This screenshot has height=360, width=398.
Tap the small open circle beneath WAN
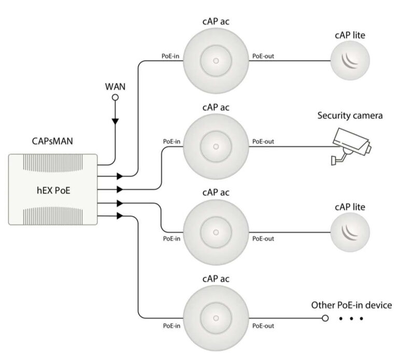(116, 97)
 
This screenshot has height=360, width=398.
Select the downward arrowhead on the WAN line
(116, 121)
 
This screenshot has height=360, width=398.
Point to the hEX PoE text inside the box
(53, 189)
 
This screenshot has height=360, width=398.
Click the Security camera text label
(350, 115)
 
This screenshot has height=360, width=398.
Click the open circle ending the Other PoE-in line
(325, 318)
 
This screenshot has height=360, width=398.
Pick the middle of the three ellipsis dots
(351, 318)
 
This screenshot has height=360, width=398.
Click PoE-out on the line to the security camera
(263, 141)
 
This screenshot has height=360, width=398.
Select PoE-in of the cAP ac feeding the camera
(172, 141)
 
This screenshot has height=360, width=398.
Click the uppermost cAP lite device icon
(351, 61)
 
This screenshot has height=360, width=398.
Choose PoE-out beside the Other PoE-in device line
(263, 326)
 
